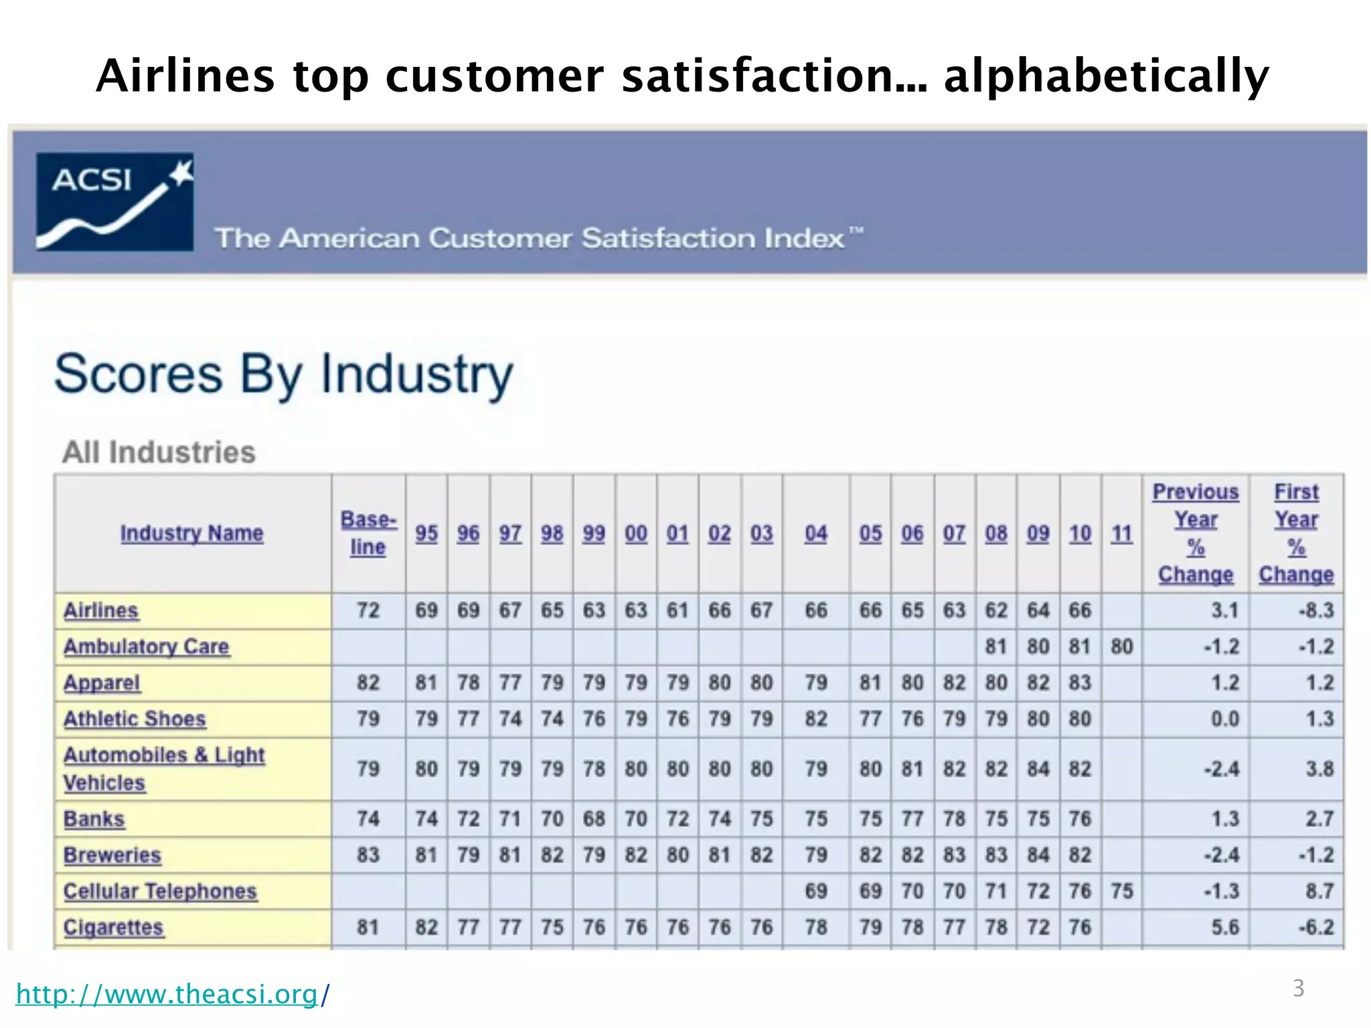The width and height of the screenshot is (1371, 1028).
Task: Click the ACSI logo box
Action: pyautogui.click(x=114, y=202)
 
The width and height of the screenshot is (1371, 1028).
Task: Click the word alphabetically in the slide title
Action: pyautogui.click(x=1105, y=76)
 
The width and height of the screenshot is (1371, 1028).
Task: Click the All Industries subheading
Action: pyautogui.click(x=159, y=452)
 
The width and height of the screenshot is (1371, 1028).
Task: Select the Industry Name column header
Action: pyautogui.click(x=191, y=533)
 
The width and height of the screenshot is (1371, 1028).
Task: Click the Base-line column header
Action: pyautogui.click(x=368, y=533)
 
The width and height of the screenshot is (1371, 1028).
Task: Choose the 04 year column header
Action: pyautogui.click(x=815, y=533)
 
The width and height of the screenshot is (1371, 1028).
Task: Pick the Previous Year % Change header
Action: pyautogui.click(x=1196, y=533)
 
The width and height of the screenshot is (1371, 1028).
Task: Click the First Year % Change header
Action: pyautogui.click(x=1296, y=533)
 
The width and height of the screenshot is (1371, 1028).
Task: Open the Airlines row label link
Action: pyautogui.click(x=101, y=610)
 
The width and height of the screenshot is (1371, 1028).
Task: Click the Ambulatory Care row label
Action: pyautogui.click(x=147, y=647)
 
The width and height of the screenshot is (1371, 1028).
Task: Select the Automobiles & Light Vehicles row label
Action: pyautogui.click(x=163, y=768)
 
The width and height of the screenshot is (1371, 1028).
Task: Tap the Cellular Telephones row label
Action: pyautogui.click(x=160, y=891)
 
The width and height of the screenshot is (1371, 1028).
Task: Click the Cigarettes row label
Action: pyautogui.click(x=113, y=928)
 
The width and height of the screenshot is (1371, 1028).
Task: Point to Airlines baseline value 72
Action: pyautogui.click(x=368, y=610)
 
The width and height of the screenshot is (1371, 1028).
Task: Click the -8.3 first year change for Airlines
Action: pyautogui.click(x=1316, y=610)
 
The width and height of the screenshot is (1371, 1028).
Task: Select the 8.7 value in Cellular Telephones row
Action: pyautogui.click(x=1319, y=891)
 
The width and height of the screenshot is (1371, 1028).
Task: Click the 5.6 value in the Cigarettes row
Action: pyautogui.click(x=1224, y=928)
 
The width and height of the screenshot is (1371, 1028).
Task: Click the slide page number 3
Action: pyautogui.click(x=1298, y=989)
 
